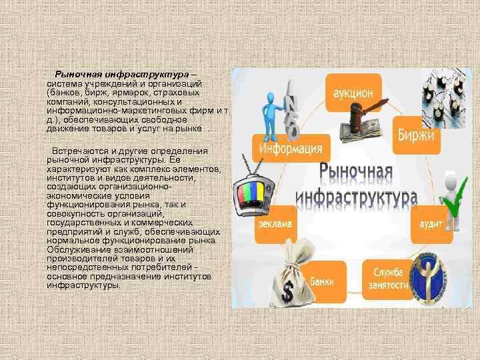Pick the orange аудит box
[427, 225]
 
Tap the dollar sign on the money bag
[288, 290]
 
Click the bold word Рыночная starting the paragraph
[75, 74]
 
